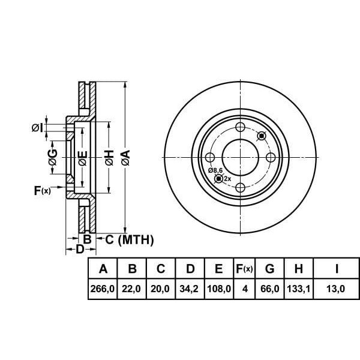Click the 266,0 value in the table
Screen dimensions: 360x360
pyautogui.click(x=103, y=289)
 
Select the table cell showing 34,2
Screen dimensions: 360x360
pyautogui.click(x=189, y=289)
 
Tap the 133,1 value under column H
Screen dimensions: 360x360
pyautogui.click(x=298, y=289)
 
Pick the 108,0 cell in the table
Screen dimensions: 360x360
pyautogui.click(x=219, y=289)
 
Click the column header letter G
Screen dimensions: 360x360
pyautogui.click(x=270, y=268)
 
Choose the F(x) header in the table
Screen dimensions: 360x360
pyautogui.click(x=244, y=268)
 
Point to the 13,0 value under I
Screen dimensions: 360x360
pyautogui.click(x=335, y=289)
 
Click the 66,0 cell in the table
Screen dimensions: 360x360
pyautogui.click(x=270, y=289)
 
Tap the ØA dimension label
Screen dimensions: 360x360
pyautogui.click(x=126, y=157)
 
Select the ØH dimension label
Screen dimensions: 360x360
pyautogui.click(x=110, y=158)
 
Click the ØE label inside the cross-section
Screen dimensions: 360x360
pyautogui.click(x=83, y=158)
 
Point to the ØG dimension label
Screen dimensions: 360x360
pyautogui.click(x=53, y=157)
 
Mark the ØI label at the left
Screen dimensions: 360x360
pyautogui.click(x=37, y=128)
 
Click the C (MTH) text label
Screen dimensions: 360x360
pyautogui.click(x=130, y=240)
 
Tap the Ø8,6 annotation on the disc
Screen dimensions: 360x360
pyautogui.click(x=215, y=170)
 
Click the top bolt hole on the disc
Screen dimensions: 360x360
pyautogui.click(x=241, y=127)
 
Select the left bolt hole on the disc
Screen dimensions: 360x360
pyautogui.click(x=210, y=157)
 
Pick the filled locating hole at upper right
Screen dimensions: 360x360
pyautogui.click(x=262, y=136)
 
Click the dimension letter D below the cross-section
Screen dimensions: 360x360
pyautogui.click(x=80, y=249)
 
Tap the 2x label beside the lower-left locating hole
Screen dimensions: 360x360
pyautogui.click(x=227, y=178)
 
